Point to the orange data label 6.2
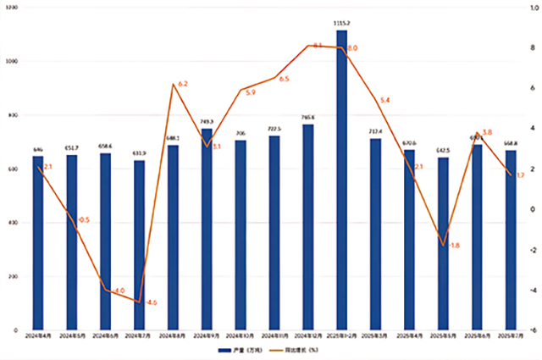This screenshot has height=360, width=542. (x=183, y=85)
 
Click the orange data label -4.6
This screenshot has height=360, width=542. (x=151, y=302)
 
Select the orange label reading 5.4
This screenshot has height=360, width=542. (x=385, y=101)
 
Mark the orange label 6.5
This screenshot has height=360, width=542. (x=284, y=79)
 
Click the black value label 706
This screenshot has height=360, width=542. (x=241, y=133)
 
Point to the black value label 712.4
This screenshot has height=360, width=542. (x=375, y=131)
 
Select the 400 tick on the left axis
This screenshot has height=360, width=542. (x=12, y=223)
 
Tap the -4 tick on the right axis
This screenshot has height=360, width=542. (x=533, y=290)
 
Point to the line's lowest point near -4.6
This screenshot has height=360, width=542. (x=139, y=302)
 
